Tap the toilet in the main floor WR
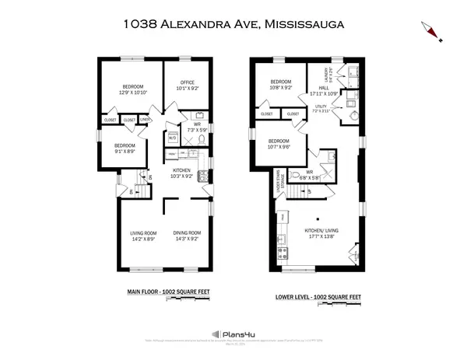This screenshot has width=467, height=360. click(201, 140)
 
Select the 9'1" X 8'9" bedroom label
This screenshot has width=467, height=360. click(125, 148)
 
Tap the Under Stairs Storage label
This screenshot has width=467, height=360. click(278, 189)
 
